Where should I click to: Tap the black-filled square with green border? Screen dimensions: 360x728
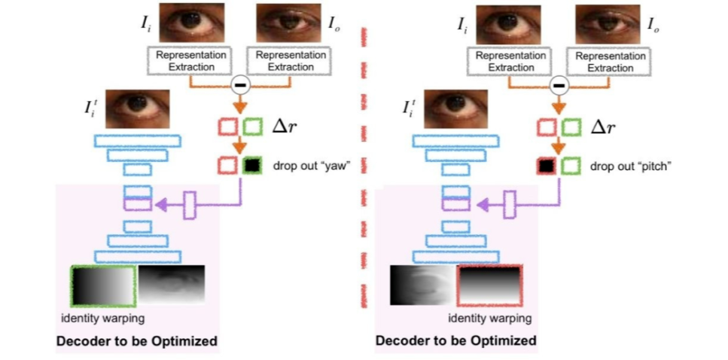pos(251,165)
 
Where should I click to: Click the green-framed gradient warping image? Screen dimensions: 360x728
pos(103,285)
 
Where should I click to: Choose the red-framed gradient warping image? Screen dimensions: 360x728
pos(489,285)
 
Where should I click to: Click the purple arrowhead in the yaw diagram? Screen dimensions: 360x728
pos(159,203)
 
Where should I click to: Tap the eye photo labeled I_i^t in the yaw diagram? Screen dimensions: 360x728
pos(137,109)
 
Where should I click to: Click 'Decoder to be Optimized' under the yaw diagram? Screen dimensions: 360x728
pos(137,341)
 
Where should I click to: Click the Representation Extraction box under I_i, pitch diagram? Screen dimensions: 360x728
pos(511,61)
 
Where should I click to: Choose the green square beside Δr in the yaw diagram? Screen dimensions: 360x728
pos(253,127)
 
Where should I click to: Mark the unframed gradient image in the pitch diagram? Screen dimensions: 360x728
pos(422,285)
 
